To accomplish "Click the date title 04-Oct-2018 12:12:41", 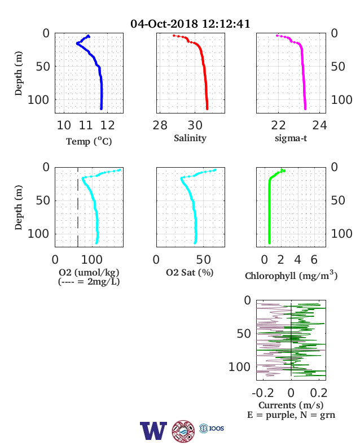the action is point(190,24).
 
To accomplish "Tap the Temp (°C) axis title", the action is point(89,141).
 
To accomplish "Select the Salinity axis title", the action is point(190,138).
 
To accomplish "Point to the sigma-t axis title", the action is point(291,138).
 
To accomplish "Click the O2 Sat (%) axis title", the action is point(190,272).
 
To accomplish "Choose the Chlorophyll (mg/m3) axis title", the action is point(291,275).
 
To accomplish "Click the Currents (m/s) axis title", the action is point(291,405).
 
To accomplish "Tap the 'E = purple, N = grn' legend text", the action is point(291,415).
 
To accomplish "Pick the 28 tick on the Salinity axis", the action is point(160,125).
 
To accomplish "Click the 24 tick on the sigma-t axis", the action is point(320,125).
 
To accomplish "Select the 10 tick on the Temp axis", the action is point(64,125).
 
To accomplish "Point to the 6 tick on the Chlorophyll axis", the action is point(314,259).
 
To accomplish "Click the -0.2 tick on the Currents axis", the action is point(263,393).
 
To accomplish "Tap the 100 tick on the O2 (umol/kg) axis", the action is point(91,259).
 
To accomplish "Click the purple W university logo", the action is point(153,431).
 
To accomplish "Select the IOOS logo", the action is point(212,428).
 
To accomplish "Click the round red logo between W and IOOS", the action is point(183,431).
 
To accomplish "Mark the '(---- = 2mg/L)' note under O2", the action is point(89,282).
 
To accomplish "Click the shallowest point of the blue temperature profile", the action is point(89,36).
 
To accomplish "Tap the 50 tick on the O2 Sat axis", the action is point(203,259).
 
